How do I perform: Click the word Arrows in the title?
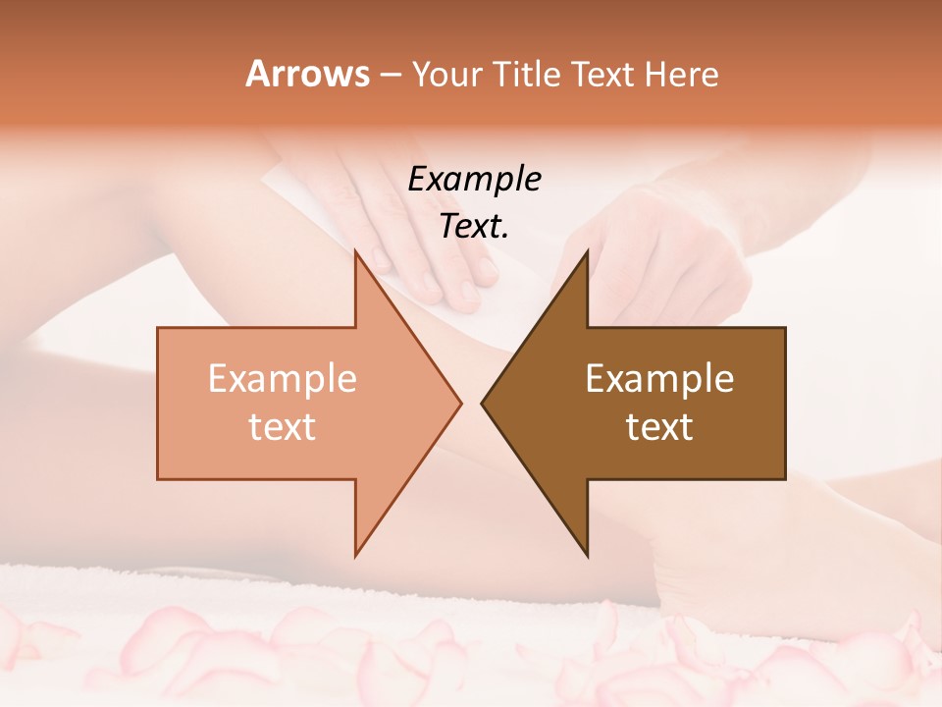pyautogui.click(x=307, y=74)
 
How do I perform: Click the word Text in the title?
pyautogui.click(x=602, y=75)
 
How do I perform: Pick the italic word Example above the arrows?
pyautogui.click(x=474, y=179)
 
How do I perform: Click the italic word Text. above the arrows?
pyautogui.click(x=474, y=226)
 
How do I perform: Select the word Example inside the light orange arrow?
pyautogui.click(x=283, y=378)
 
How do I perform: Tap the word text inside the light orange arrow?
pyautogui.click(x=283, y=427)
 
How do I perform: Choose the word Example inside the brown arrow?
pyautogui.click(x=659, y=378)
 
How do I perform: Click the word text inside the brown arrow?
pyautogui.click(x=659, y=427)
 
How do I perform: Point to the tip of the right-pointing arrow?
pyautogui.click(x=461, y=403)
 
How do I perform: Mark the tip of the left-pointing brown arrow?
pyautogui.click(x=482, y=403)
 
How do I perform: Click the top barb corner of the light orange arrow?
pyautogui.click(x=355, y=249)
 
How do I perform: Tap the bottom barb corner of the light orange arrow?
pyautogui.click(x=355, y=556)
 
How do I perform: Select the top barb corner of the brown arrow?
pyautogui.click(x=587, y=249)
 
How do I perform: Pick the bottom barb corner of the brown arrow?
pyautogui.click(x=587, y=556)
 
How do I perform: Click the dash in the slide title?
pyautogui.click(x=390, y=76)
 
